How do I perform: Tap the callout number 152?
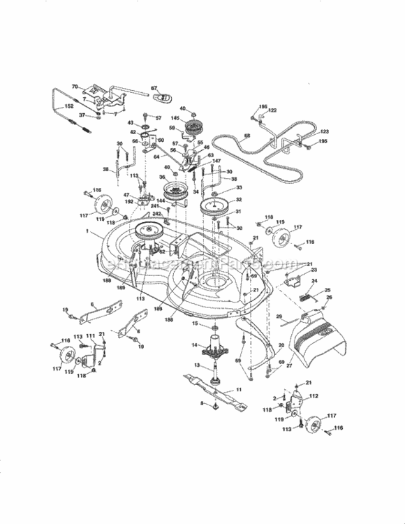coord(68,105)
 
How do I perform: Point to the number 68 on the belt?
coord(247,136)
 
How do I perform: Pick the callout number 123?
coord(324,131)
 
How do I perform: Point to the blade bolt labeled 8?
coord(211,404)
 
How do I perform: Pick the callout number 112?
coord(314,397)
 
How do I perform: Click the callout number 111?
coord(90,336)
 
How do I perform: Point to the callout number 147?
coord(217,161)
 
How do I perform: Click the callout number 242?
coord(157,214)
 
